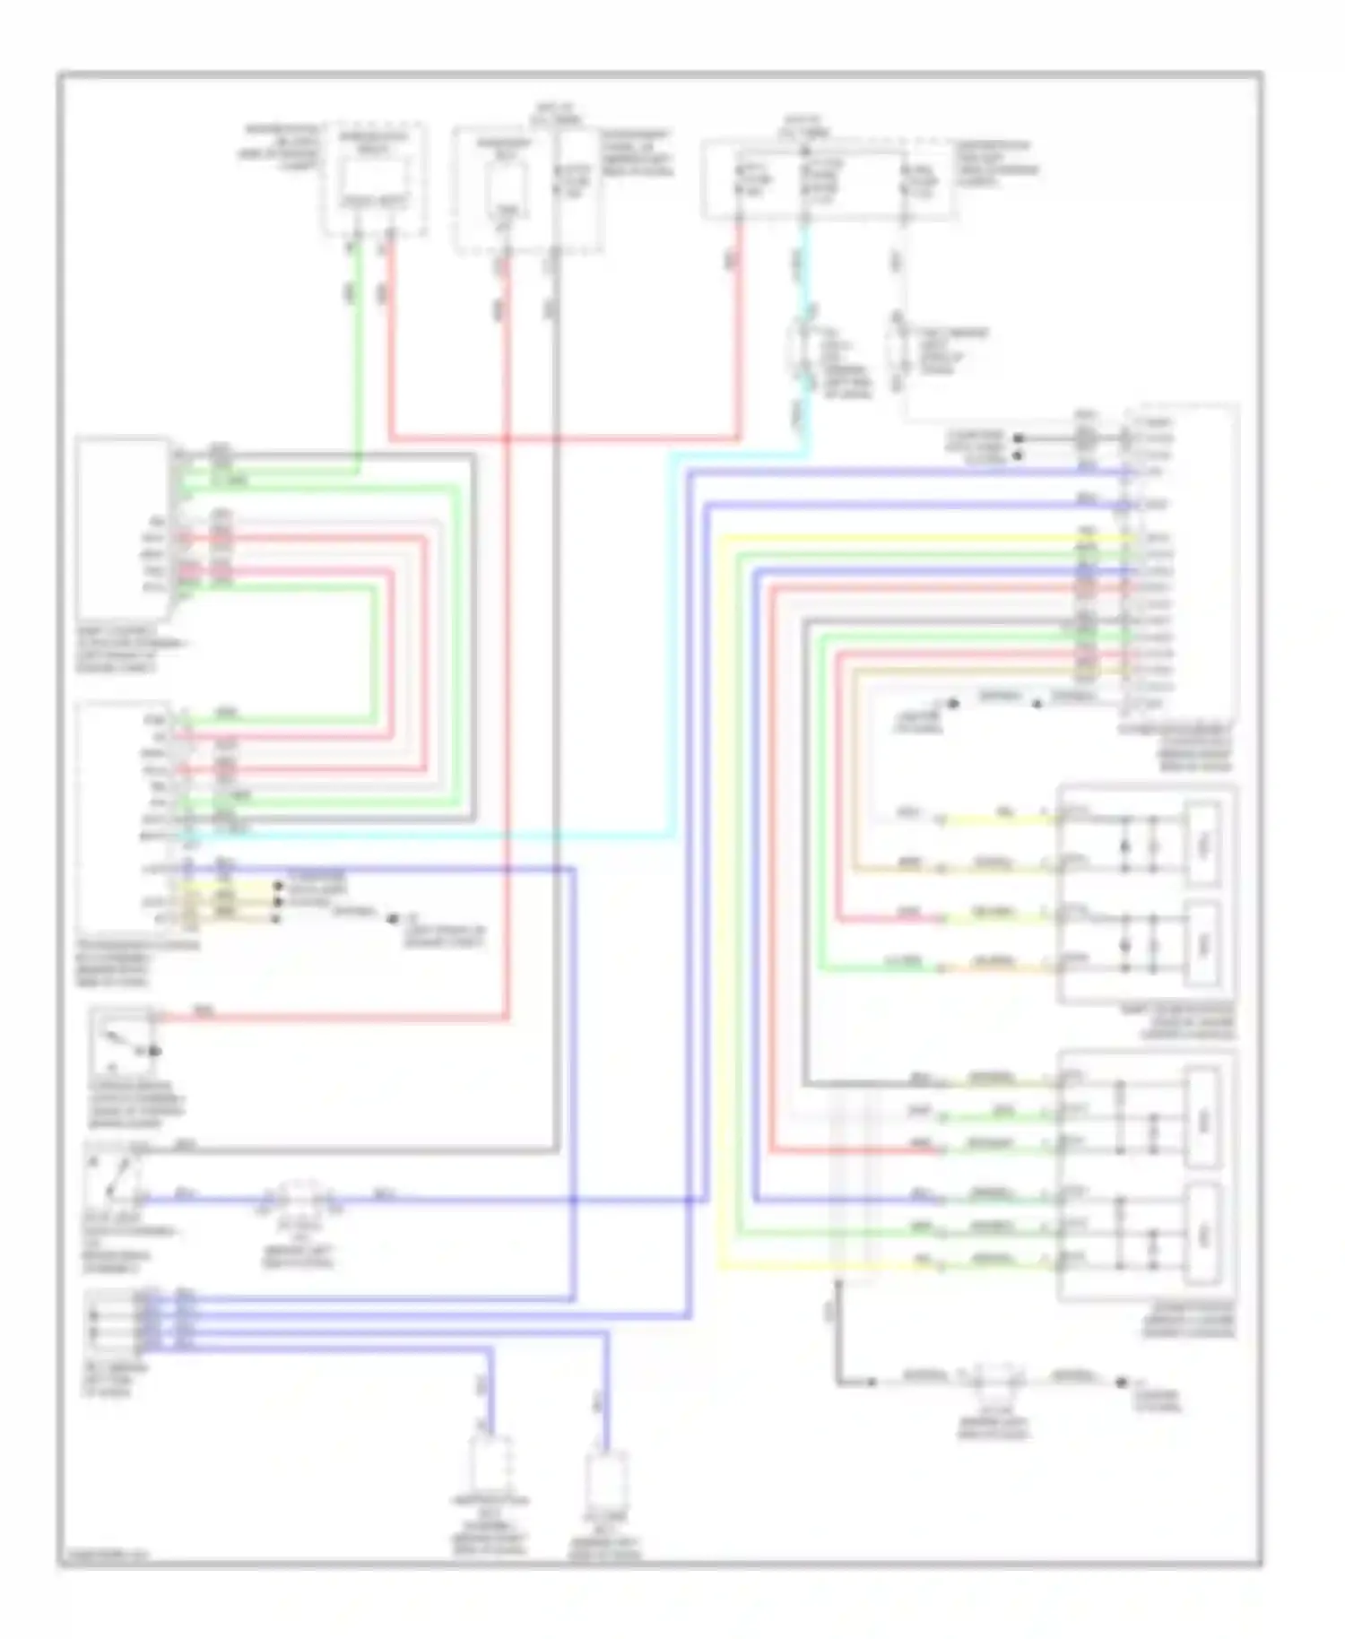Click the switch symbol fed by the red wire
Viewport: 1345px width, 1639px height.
click(x=126, y=1045)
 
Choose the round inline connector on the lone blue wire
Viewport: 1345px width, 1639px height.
click(x=301, y=1198)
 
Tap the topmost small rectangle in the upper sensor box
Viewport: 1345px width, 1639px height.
click(x=1202, y=844)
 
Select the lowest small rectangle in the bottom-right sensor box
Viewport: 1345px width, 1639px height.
click(x=1202, y=1236)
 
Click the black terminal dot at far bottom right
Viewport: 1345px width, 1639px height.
click(x=1121, y=1383)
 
